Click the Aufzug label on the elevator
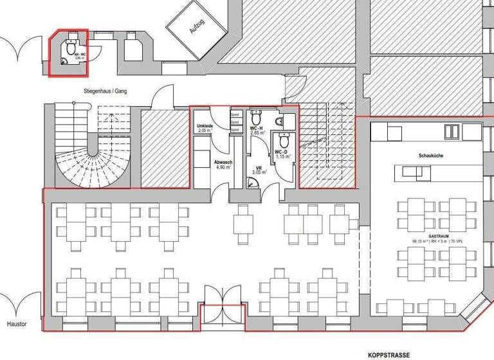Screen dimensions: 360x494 coord(196,27)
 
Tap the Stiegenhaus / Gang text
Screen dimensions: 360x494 coord(104,92)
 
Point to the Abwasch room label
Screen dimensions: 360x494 coord(223,163)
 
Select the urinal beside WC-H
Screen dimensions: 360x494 coord(279,122)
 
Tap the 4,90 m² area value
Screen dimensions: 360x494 coord(223,168)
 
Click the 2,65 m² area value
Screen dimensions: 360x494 coord(257,133)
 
